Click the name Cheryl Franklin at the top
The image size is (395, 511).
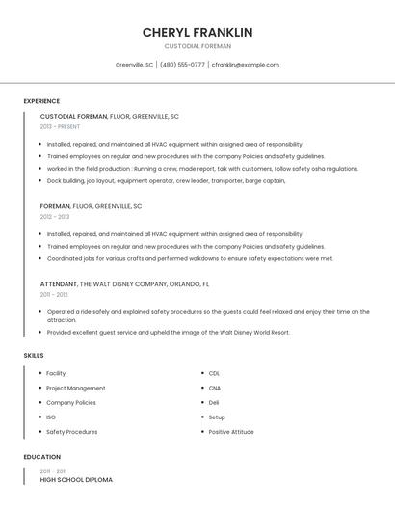[x=197, y=32]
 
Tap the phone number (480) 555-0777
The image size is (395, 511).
[x=182, y=65]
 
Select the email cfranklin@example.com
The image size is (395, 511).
[x=246, y=65]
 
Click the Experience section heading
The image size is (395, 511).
[x=41, y=101]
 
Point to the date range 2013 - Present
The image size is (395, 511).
[x=60, y=126]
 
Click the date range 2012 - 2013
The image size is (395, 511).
[x=55, y=217]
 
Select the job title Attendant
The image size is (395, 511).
[x=58, y=284]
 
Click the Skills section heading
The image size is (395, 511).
[x=33, y=356]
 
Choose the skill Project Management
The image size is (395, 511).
[x=75, y=388]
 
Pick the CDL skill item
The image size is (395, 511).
[x=214, y=373]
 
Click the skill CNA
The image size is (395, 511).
[x=215, y=388]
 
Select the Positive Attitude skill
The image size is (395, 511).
[x=231, y=432]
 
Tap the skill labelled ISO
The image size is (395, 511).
[x=51, y=417]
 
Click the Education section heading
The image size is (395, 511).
[x=41, y=457]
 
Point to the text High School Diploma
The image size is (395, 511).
[x=76, y=479]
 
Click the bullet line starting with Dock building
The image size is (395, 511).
[x=166, y=180]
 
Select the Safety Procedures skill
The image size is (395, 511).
[x=71, y=432]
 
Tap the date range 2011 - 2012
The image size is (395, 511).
[x=54, y=295]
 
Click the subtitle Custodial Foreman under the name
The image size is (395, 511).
[x=197, y=46]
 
